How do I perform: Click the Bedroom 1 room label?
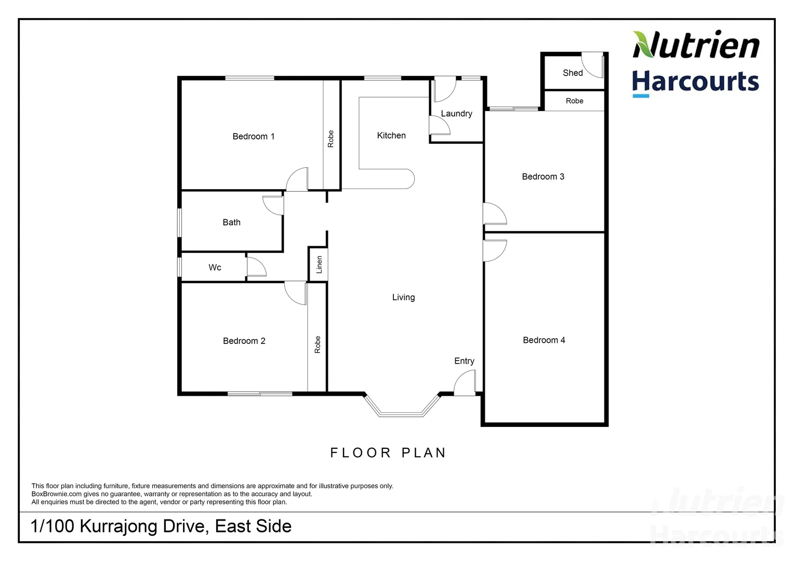pos(253,137)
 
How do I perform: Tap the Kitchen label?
pos(391,136)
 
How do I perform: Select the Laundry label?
pos(456,114)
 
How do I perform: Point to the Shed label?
pos(573,73)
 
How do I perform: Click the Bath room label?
pos(231,222)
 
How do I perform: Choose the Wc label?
pos(215,268)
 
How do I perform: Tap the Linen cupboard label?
pos(319,265)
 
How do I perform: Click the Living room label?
pos(403,298)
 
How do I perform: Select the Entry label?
pos(464,361)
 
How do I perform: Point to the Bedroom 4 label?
pos(544,340)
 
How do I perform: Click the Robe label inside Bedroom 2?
pos(317,345)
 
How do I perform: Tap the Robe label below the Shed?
pos(574,101)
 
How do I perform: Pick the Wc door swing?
pos(256,266)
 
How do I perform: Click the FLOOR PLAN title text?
pos(388,453)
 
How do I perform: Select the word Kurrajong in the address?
pos(119,526)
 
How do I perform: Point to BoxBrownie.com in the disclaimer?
pos(57,494)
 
